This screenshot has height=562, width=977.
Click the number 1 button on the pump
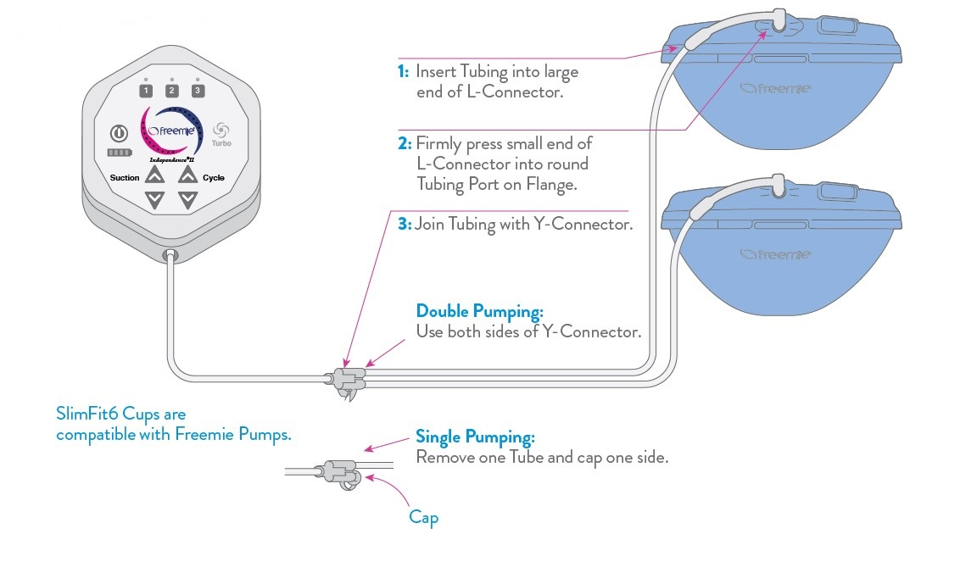[146, 91]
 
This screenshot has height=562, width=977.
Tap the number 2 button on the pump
[171, 91]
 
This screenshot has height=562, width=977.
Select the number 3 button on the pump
[198, 91]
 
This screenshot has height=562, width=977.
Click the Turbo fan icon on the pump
[221, 130]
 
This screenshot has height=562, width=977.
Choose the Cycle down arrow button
[188, 201]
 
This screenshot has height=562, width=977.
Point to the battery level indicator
[119, 153]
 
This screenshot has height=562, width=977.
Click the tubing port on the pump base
[170, 254]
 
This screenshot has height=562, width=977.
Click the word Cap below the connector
[423, 516]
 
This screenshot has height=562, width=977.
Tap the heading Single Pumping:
[475, 437]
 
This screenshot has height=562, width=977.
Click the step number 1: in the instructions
[404, 72]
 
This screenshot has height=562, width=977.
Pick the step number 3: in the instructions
[404, 225]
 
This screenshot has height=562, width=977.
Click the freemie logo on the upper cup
[774, 87]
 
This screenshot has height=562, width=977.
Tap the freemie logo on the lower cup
[774, 253]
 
